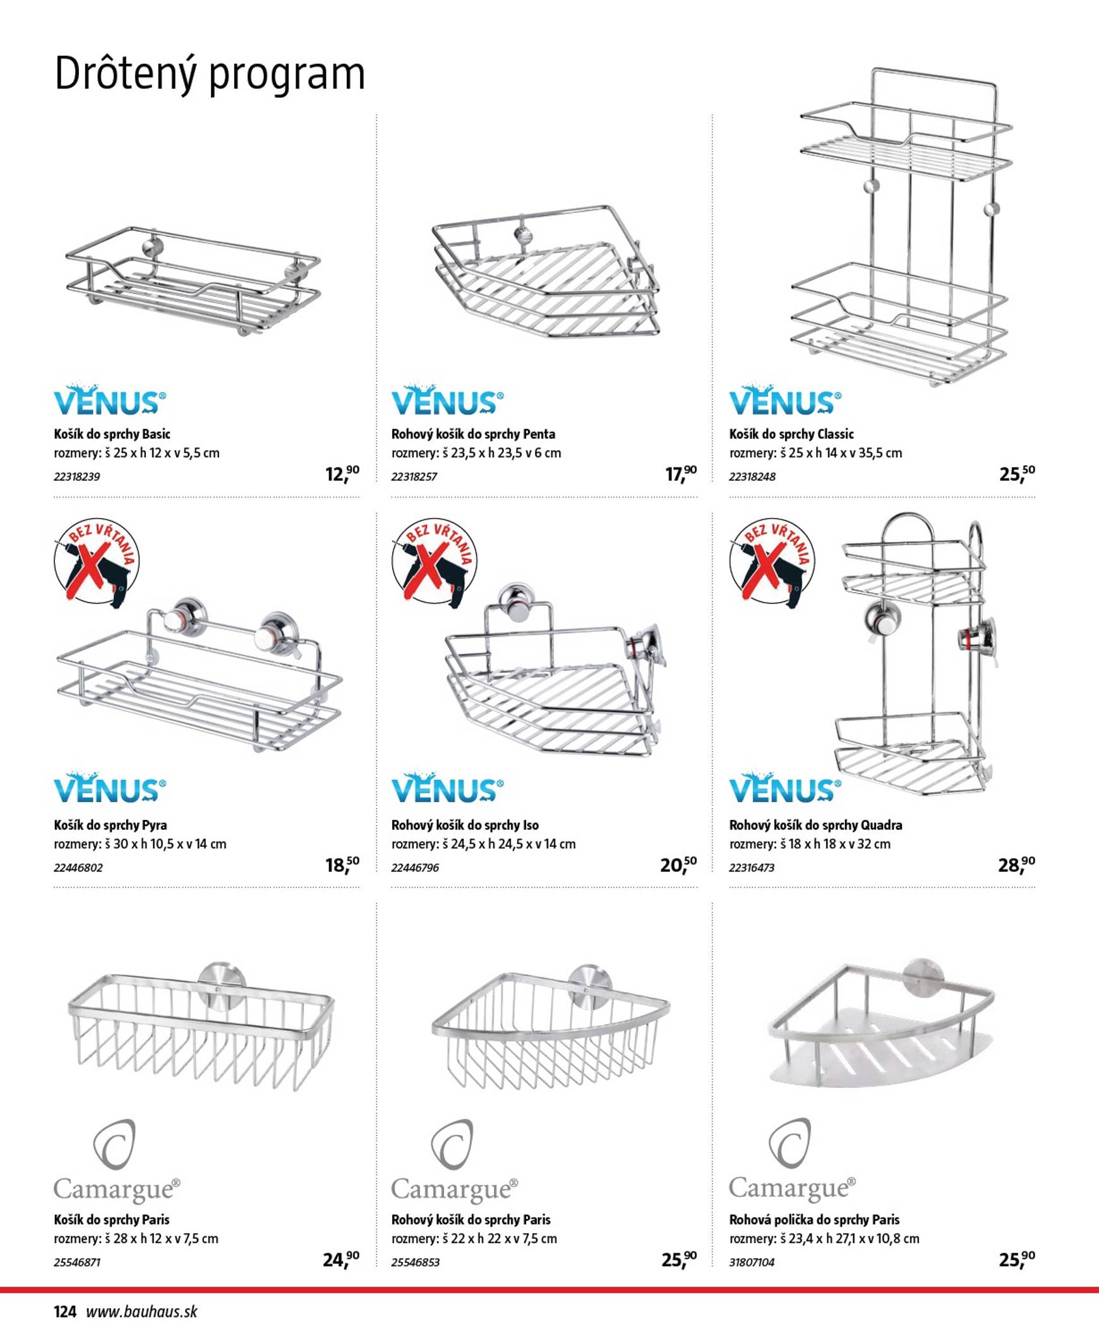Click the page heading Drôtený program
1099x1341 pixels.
point(210,75)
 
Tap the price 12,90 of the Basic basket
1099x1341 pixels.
point(342,474)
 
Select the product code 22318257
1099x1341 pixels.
point(414,477)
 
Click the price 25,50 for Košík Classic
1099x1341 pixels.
point(1017,474)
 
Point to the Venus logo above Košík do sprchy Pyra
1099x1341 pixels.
point(109,788)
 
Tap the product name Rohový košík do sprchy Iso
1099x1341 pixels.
point(465,825)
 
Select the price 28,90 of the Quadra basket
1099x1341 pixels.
point(1016,864)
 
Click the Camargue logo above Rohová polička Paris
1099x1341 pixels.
point(791,1161)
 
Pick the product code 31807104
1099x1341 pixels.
point(752,1262)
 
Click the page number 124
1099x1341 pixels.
point(65,1311)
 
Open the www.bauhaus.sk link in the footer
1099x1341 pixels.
point(142,1311)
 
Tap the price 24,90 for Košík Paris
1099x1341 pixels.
point(340,1260)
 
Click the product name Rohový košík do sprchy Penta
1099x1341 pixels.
point(473,435)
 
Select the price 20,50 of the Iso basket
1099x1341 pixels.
point(678,864)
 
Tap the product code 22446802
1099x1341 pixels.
point(78,868)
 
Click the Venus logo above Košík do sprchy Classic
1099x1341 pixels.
point(785,400)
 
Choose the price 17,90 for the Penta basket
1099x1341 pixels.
point(680,474)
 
